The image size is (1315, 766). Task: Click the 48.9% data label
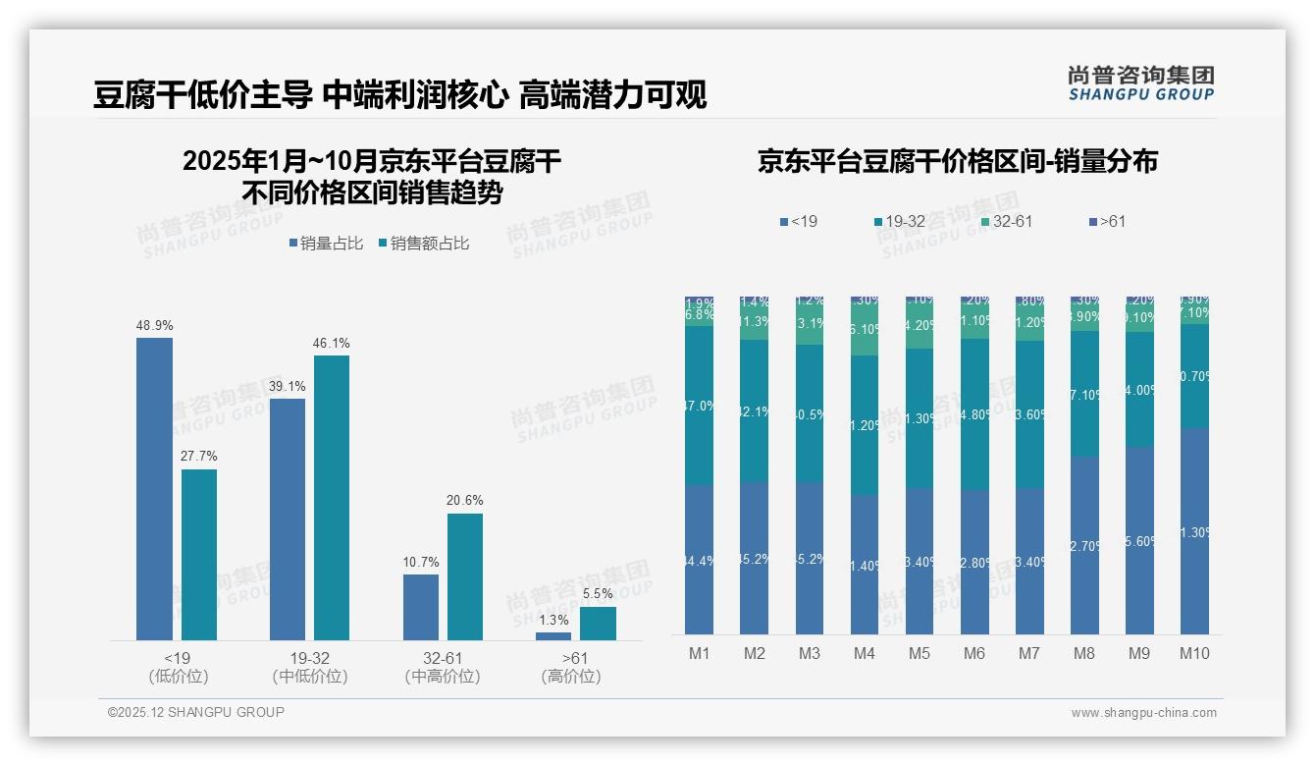(154, 325)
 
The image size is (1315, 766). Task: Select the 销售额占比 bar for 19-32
(332, 497)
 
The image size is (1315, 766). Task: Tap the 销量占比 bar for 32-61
(421, 607)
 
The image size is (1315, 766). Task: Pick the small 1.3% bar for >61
(553, 636)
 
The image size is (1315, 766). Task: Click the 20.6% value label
(465, 500)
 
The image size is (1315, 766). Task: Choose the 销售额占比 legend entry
(424, 244)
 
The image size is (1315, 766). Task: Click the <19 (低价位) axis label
(178, 667)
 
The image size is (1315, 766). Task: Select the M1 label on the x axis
(700, 653)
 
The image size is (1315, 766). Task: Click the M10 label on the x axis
(1194, 653)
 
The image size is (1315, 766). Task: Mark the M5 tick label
(920, 653)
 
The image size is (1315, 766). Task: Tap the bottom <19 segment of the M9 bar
(1139, 540)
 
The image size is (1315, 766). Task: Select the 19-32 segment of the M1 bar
(700, 405)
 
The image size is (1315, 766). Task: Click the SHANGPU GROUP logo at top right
(1140, 83)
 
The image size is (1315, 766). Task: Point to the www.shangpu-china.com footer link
(1143, 713)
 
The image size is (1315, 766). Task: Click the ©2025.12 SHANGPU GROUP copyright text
(196, 712)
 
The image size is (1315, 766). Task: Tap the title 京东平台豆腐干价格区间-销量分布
(957, 161)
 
